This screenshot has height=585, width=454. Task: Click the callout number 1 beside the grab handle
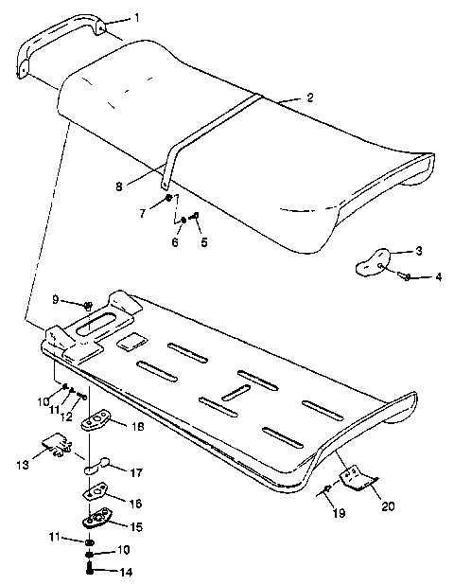point(136,18)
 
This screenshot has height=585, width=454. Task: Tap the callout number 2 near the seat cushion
point(309,97)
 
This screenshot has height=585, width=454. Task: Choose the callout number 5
point(202,242)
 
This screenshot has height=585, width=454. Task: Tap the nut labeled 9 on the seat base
point(87,306)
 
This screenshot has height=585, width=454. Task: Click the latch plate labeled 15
point(96,518)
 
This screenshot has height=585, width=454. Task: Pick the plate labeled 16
point(96,493)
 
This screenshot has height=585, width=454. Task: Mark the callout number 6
point(175,242)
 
